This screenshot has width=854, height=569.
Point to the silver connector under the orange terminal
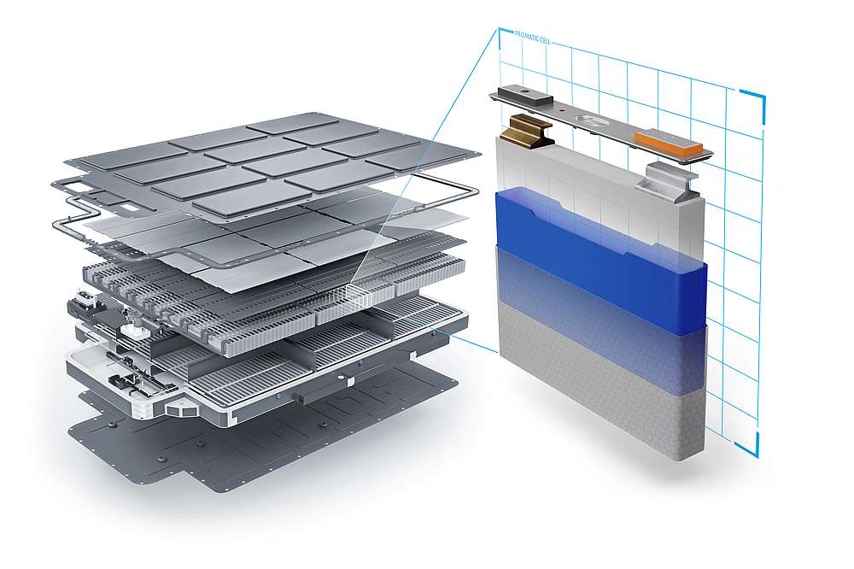click(x=672, y=182)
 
